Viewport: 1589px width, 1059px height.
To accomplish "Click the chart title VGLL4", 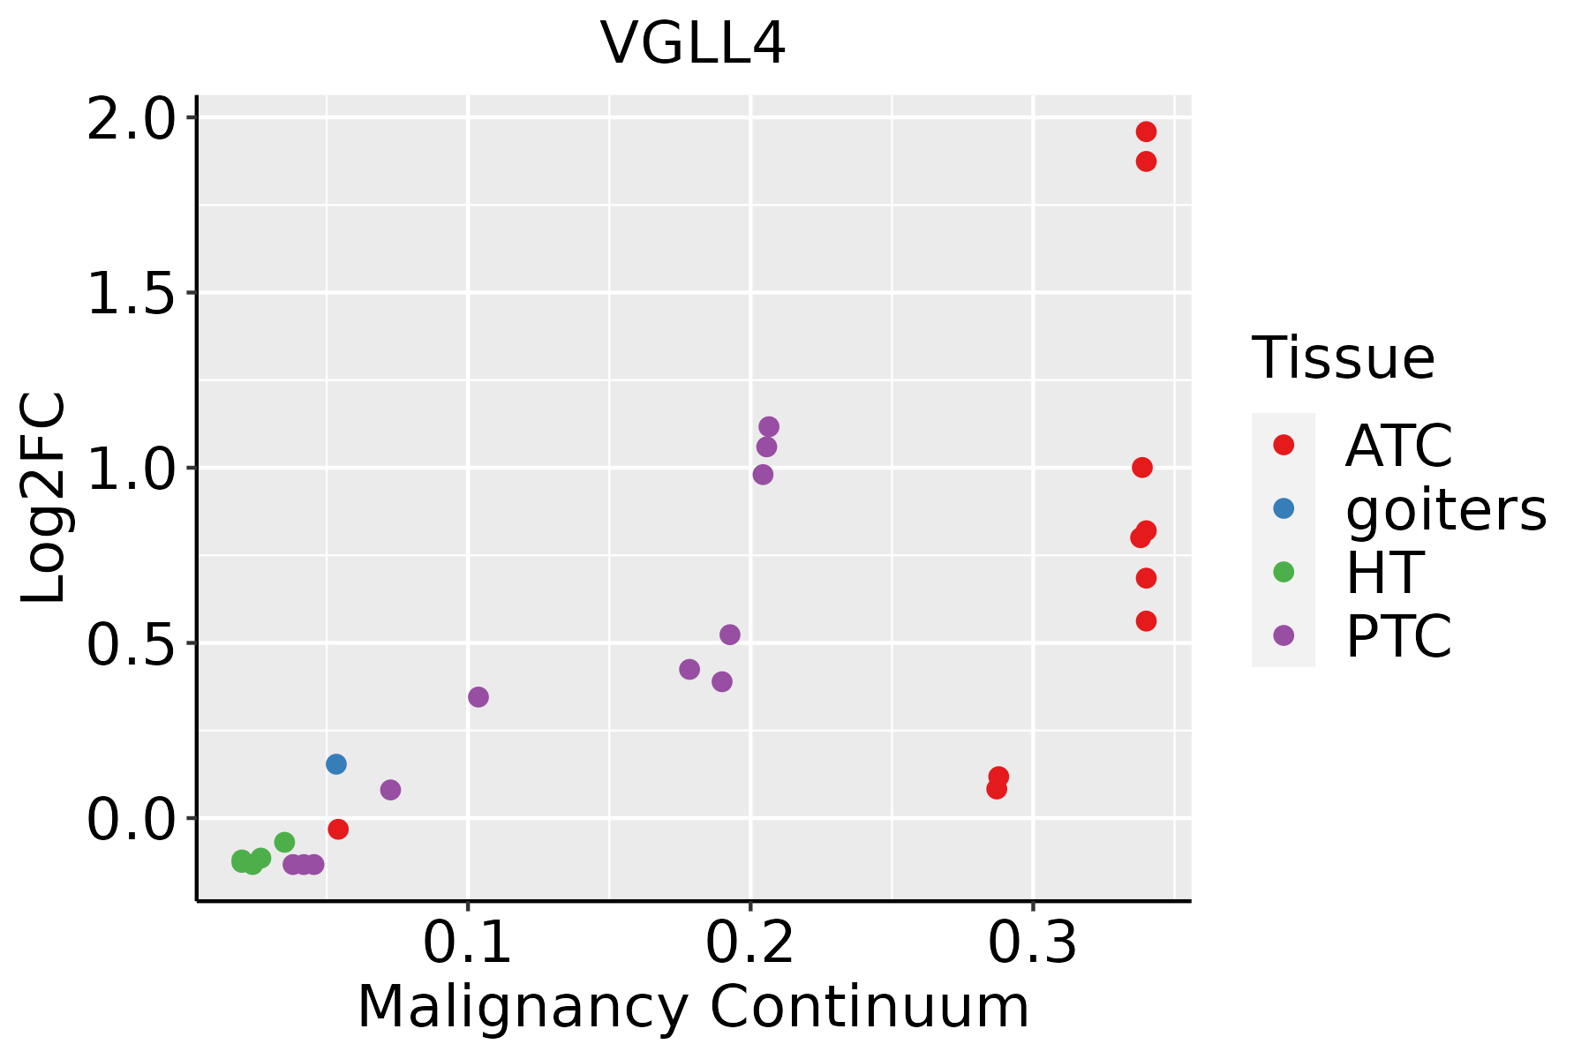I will (x=693, y=43).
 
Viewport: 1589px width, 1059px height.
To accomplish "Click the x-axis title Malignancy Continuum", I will (x=693, y=1007).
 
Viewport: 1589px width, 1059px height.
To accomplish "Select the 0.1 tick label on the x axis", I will (x=467, y=943).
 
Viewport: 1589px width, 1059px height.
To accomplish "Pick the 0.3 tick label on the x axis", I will (x=1032, y=943).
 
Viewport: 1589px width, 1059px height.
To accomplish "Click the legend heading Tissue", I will (x=1344, y=358).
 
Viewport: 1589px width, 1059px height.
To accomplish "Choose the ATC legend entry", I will (x=1398, y=446).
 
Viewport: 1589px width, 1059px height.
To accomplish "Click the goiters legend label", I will (x=1446, y=509).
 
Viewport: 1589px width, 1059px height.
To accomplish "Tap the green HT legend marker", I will (x=1284, y=572).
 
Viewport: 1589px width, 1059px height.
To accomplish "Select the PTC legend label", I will (x=1398, y=636).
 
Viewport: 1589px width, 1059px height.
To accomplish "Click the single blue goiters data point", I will (x=335, y=764).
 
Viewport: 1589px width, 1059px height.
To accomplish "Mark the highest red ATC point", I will (x=1146, y=132).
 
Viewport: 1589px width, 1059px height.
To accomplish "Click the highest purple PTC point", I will (x=769, y=427).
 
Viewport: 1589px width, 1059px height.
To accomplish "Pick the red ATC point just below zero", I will (x=338, y=829).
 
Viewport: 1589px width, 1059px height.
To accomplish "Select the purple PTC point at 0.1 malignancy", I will (x=478, y=697).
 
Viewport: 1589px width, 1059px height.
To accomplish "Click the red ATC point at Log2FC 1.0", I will (x=1142, y=468).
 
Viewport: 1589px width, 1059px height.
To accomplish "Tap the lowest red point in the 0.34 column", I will (x=1146, y=621).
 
